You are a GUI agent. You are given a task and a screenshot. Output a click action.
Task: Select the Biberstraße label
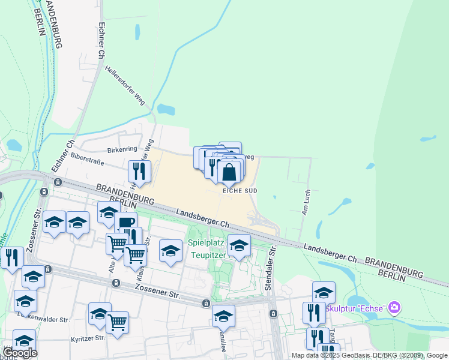(x=87, y=160)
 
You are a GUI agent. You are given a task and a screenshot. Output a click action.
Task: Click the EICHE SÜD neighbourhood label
(x=240, y=190)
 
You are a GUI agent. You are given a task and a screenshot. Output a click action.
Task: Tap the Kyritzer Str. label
(x=86, y=338)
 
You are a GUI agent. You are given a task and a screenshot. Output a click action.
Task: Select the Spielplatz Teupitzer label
(x=207, y=248)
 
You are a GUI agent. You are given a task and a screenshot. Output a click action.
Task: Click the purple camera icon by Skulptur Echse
(x=394, y=308)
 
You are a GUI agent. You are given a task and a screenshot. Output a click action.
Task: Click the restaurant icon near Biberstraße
(x=139, y=171)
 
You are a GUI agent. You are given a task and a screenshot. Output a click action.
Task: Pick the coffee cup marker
(x=125, y=223)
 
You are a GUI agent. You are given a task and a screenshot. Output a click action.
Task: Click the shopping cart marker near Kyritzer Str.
(x=117, y=322)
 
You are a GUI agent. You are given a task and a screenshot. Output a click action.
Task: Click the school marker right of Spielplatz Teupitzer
(x=239, y=245)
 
